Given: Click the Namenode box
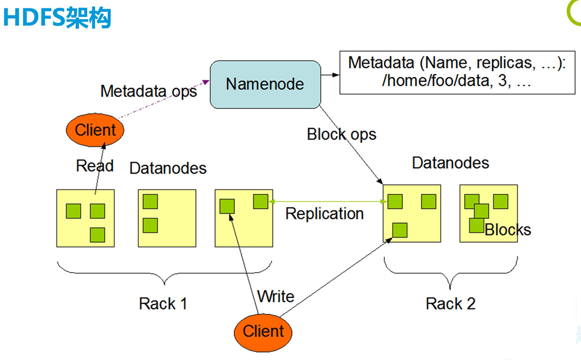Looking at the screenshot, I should click(265, 84).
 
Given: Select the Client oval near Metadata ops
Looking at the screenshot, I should click(95, 129).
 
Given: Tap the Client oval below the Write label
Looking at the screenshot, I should click(263, 331).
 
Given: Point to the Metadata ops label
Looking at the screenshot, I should click(148, 91).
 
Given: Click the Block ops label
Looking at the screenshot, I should click(341, 134).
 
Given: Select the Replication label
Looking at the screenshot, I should click(324, 213).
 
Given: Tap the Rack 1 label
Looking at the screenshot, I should click(163, 304).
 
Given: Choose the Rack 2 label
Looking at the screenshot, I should click(451, 304).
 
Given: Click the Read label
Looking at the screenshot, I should click(94, 166).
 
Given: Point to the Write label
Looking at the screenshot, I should click(276, 296).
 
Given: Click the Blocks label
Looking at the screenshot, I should click(508, 230).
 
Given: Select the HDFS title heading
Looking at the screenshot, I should click(57, 18).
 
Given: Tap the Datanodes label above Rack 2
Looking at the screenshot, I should click(450, 163).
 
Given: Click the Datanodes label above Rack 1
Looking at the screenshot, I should click(168, 168).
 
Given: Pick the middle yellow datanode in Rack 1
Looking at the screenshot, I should click(166, 218).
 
